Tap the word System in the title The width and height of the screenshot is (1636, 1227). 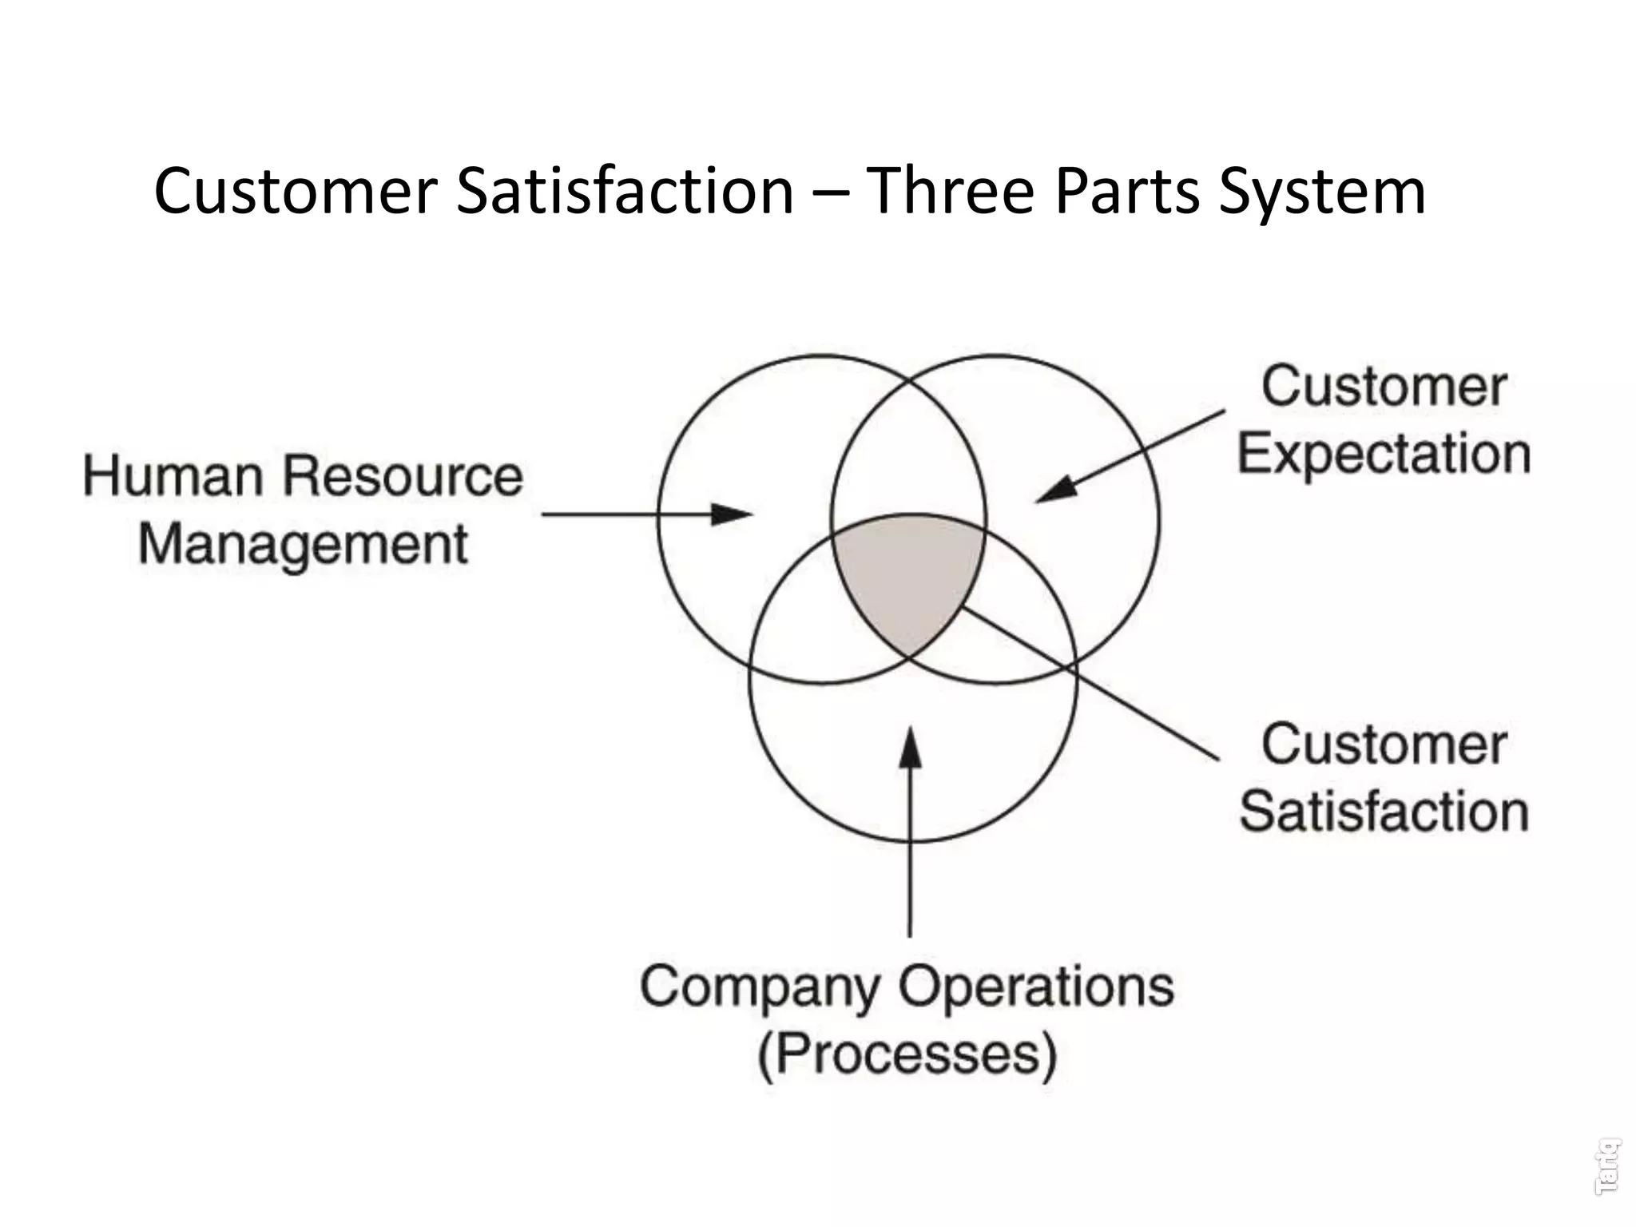tap(1322, 192)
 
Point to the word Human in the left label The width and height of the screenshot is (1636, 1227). tap(173, 476)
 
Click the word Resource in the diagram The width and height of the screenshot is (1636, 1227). tap(403, 476)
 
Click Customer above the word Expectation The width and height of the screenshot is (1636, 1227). tap(1384, 387)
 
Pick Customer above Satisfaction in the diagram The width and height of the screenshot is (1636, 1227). tap(1384, 745)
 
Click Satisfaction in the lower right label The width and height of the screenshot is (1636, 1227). tap(1384, 812)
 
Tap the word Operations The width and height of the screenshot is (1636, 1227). tap(1036, 987)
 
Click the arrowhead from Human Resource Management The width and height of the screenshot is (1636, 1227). tap(731, 514)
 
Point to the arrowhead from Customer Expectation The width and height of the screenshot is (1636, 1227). tap(1057, 490)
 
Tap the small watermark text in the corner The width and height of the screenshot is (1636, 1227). tap(1607, 1167)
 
